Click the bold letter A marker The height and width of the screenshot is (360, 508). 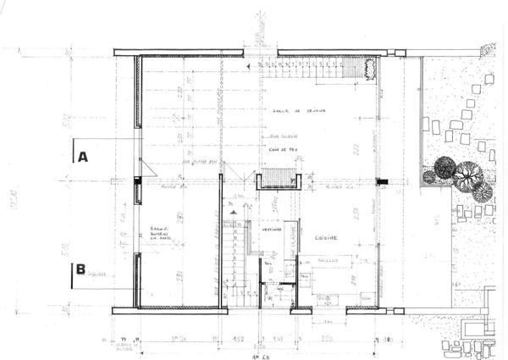click(x=83, y=157)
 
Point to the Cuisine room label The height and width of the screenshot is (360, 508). click(x=326, y=238)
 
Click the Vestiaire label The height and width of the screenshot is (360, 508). click(x=271, y=229)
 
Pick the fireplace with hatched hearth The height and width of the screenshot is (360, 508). click(x=279, y=179)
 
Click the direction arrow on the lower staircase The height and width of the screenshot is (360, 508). click(x=237, y=254)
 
